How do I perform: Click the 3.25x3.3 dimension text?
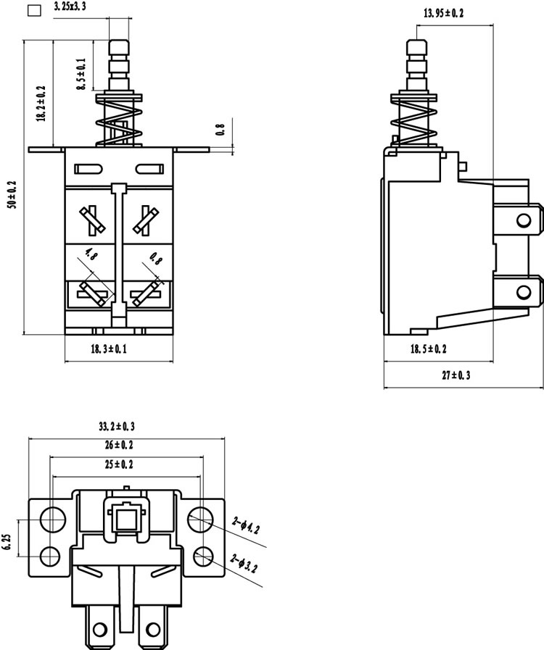coord(70,7)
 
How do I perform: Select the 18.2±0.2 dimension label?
coord(41,104)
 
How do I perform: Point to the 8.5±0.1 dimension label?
coord(81,74)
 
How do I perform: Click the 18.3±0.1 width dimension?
coord(109,349)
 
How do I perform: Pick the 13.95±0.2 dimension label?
coord(444,13)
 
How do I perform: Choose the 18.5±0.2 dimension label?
coord(429,349)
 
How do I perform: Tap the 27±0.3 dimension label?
coord(456,375)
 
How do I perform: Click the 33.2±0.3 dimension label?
coord(117,426)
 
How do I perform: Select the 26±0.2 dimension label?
coord(119,445)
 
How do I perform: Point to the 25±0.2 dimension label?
coord(119,464)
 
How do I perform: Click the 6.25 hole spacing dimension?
coord(8,542)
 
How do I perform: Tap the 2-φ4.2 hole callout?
coord(246,524)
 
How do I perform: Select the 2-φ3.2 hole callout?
coord(244,563)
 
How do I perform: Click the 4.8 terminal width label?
coord(91,254)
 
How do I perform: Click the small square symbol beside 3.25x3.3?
coord(34,11)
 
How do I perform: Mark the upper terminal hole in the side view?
coord(524,220)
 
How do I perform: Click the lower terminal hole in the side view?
coord(524,292)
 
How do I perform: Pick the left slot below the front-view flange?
coord(88,169)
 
